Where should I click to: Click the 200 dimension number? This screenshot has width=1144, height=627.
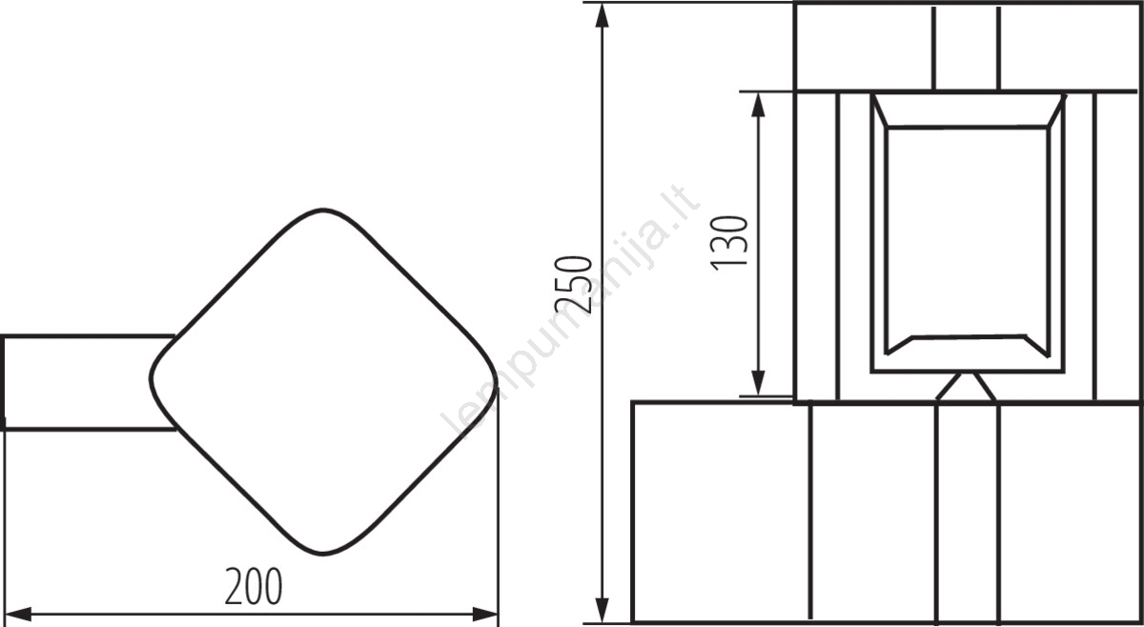254,586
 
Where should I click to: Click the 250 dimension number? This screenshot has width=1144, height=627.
573,284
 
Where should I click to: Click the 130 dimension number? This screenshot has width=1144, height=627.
729,243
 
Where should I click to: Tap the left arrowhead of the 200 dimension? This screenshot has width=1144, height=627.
18,615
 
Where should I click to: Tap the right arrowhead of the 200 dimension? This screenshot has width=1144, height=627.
484,615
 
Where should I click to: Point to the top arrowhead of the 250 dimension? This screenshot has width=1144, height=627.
603,15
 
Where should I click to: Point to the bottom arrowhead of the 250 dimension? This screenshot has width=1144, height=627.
603,610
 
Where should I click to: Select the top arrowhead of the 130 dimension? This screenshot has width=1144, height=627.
759,105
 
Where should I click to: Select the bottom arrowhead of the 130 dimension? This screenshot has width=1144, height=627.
759,383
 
